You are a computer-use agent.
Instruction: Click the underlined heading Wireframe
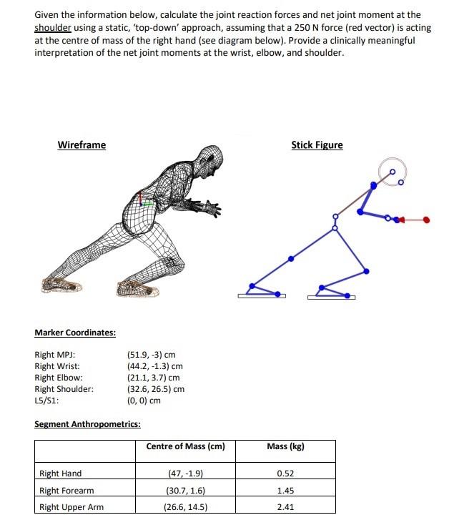point(82,145)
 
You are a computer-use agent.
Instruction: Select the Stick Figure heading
point(317,145)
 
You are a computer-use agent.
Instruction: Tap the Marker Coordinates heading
point(75,333)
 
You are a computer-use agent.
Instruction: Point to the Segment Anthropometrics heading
point(87,424)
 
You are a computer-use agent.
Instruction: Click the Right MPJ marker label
point(55,355)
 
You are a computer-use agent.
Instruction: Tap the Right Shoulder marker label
point(64,389)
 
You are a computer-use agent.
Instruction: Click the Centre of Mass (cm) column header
point(185,447)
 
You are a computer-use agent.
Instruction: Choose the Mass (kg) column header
point(285,447)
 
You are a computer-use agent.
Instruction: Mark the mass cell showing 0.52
point(285,474)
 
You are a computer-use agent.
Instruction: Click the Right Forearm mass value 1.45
point(285,491)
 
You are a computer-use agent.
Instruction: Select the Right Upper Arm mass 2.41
point(285,507)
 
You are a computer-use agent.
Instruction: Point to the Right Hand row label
point(61,474)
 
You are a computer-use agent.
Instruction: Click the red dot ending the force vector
point(427,220)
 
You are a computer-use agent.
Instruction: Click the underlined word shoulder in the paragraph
point(53,27)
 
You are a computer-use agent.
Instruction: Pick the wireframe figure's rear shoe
point(61,285)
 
